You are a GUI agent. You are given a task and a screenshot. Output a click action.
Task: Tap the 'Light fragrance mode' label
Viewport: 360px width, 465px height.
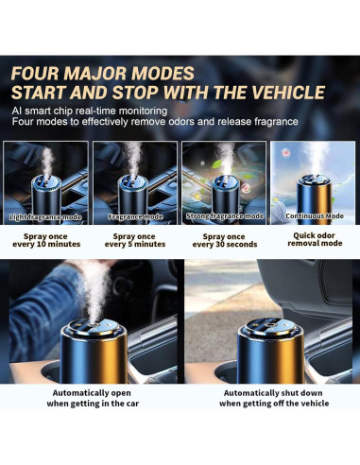(x=45, y=217)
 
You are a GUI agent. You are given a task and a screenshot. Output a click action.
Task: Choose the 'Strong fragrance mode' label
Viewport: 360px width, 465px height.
(x=225, y=216)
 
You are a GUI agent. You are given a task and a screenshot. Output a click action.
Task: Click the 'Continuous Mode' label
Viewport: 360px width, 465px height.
(x=315, y=216)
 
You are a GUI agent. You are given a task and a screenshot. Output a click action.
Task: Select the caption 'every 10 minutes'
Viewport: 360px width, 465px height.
(x=46, y=244)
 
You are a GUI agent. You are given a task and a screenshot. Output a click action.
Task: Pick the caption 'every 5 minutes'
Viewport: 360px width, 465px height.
(x=135, y=244)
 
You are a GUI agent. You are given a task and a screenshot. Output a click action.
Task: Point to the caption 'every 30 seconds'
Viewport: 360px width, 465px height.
(x=225, y=245)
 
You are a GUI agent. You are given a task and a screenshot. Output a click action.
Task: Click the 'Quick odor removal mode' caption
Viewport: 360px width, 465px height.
(x=315, y=239)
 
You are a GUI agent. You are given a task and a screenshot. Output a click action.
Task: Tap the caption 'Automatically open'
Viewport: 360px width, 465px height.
(x=92, y=393)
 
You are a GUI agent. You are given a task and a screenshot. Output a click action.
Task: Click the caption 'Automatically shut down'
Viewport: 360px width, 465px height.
(x=273, y=393)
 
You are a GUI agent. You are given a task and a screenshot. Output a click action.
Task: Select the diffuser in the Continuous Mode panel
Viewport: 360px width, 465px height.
(x=314, y=199)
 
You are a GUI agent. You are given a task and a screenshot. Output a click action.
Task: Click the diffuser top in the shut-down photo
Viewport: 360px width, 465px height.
(x=270, y=329)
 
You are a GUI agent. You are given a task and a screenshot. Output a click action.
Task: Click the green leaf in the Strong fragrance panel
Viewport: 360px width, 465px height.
(x=216, y=164)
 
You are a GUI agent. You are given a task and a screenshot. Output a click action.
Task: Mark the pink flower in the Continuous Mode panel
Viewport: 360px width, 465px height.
(x=285, y=153)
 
